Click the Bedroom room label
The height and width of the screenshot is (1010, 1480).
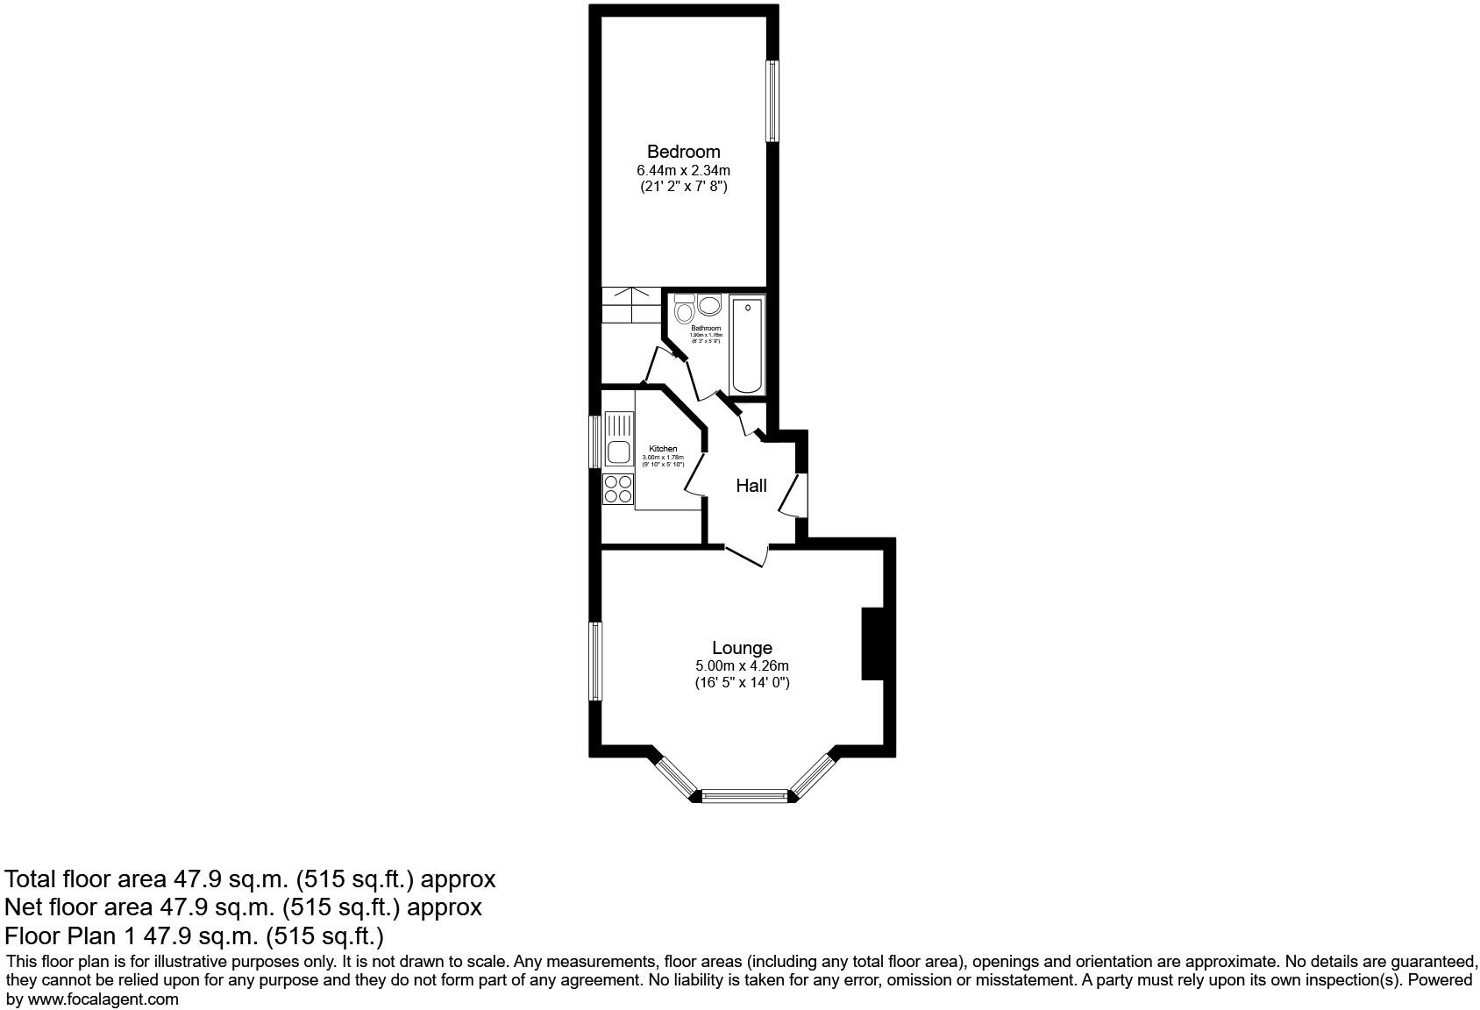(x=683, y=152)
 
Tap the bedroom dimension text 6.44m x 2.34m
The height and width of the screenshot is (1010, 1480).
(x=683, y=170)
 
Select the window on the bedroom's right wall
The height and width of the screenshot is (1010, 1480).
(x=772, y=100)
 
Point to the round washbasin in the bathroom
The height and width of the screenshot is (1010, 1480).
(x=708, y=305)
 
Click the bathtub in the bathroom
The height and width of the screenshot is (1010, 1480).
(x=748, y=345)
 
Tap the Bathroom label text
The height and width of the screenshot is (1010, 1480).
(x=706, y=329)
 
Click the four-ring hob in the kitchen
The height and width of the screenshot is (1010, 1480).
(x=618, y=489)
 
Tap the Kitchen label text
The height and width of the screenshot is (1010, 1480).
(x=663, y=449)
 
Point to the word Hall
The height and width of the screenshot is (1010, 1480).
(x=751, y=486)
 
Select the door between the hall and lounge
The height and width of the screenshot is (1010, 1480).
(x=746, y=554)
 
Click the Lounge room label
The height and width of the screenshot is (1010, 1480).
(x=742, y=648)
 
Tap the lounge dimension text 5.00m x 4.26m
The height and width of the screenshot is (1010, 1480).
(x=742, y=666)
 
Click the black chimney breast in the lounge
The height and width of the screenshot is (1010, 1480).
(x=872, y=644)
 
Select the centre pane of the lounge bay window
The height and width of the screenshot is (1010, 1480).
(x=745, y=796)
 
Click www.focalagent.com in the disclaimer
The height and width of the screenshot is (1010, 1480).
(x=103, y=999)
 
